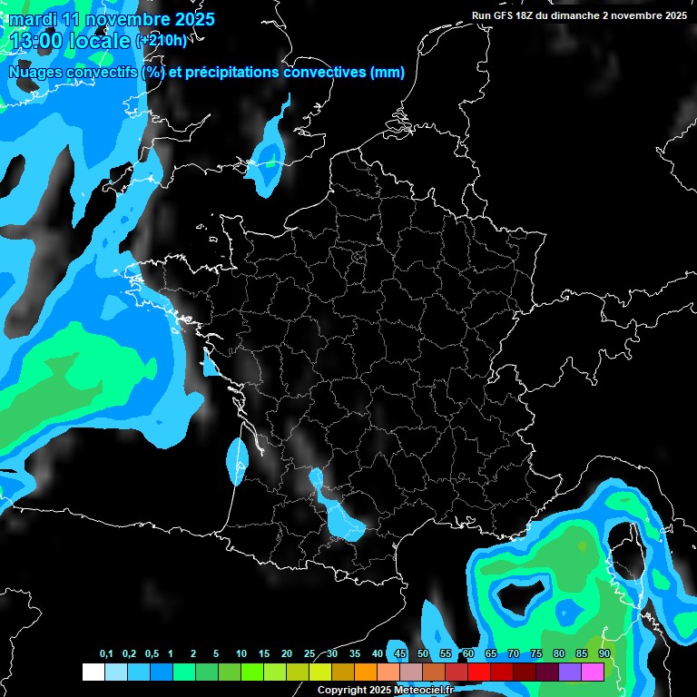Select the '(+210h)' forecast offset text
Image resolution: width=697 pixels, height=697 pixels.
point(162,41)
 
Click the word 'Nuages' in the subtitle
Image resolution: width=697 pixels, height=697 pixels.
point(35,72)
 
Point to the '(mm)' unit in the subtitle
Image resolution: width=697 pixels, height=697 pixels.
point(387,72)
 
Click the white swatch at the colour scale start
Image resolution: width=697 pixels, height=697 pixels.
point(93,672)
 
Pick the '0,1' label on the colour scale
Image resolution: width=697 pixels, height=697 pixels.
point(106,654)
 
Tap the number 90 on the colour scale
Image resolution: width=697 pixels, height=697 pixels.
point(604,654)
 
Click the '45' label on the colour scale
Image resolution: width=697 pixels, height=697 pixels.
point(400,654)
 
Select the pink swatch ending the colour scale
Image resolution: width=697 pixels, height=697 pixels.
point(593,672)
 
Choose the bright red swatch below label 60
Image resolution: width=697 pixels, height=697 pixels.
point(479,672)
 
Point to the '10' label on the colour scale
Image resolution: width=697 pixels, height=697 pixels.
point(241,654)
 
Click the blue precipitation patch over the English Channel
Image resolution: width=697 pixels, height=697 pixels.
point(268,154)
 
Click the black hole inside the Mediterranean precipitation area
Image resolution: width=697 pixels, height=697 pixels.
point(519,595)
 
